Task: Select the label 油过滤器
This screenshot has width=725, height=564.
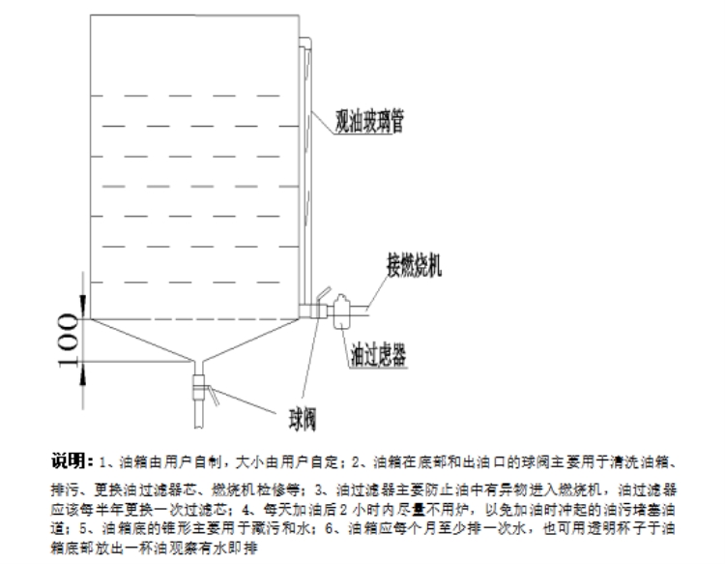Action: point(377,354)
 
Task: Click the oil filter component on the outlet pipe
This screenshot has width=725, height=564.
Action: point(341,313)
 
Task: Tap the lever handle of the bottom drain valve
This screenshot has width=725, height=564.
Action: point(213,394)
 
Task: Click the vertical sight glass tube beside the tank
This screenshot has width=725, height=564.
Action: point(304,174)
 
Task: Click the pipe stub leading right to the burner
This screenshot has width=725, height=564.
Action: point(361,310)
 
